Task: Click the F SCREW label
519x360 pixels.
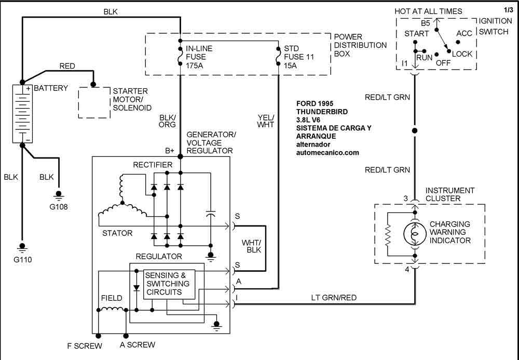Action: pyautogui.click(x=85, y=345)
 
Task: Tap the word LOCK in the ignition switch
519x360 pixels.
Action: pyautogui.click(x=462, y=54)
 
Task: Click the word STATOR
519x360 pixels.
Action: pyautogui.click(x=117, y=233)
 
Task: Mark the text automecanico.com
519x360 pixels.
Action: pyautogui.click(x=327, y=153)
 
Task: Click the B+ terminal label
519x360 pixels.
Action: pyautogui.click(x=170, y=151)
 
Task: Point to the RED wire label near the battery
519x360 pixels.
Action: pyautogui.click(x=67, y=66)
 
